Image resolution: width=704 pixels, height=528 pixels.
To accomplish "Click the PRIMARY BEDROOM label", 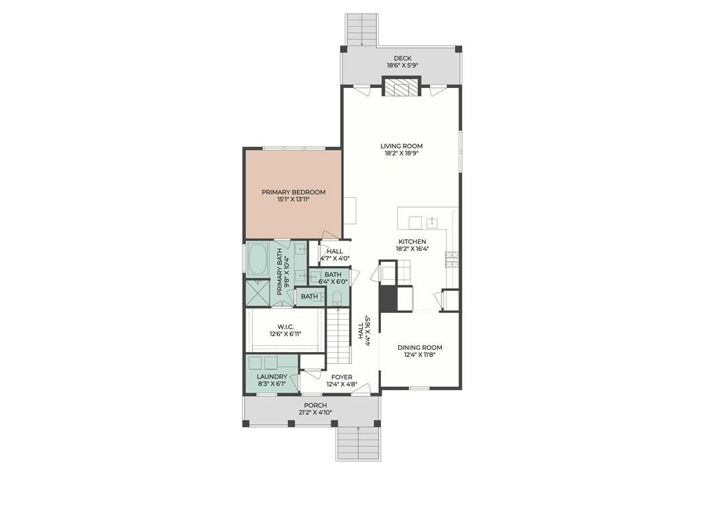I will click(294, 192).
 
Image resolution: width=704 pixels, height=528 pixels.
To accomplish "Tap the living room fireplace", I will click(401, 87).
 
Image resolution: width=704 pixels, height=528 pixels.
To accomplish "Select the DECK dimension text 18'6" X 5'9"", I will click(401, 66).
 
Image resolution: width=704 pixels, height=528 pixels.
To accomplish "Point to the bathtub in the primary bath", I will click(258, 259).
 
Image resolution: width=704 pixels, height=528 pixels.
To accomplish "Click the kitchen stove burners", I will click(452, 259).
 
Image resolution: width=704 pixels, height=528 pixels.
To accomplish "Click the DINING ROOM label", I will click(419, 347).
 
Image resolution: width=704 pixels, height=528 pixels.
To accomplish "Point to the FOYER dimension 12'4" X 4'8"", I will click(342, 385).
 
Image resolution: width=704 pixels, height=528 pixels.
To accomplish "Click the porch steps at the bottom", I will click(357, 443).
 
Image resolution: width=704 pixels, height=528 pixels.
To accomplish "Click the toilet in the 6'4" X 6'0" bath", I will click(337, 297).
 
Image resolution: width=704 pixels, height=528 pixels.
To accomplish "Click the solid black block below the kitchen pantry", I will click(387, 298).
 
